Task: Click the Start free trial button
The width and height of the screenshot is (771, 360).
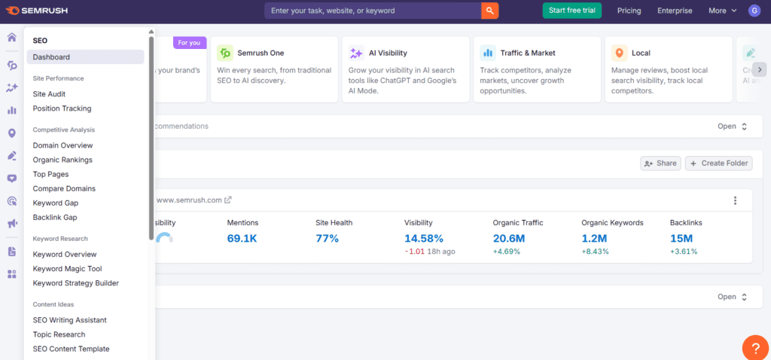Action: coord(572,11)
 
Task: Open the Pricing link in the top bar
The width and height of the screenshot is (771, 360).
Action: coord(629,11)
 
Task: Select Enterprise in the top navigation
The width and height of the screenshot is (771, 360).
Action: coord(675,11)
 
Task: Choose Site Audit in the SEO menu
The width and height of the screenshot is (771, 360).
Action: coord(49,94)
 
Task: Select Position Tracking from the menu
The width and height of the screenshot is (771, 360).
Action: coord(62,108)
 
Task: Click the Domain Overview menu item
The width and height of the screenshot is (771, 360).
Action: coord(62,145)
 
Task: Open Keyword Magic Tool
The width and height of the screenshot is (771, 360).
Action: coord(67,269)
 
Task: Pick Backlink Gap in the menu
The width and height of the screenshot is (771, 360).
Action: coord(55,218)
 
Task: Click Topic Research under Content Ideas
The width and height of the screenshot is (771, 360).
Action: coord(59,334)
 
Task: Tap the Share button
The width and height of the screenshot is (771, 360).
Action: coord(660,163)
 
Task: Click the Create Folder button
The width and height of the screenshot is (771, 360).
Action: coord(718,163)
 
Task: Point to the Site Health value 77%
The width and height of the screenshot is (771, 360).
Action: coord(327,239)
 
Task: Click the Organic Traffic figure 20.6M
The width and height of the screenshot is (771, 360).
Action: coord(509,239)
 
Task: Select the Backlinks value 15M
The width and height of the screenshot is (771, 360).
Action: coord(682,239)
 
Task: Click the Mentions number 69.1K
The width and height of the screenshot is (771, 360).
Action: coord(242,239)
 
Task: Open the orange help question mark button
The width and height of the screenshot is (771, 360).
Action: coord(755,347)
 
